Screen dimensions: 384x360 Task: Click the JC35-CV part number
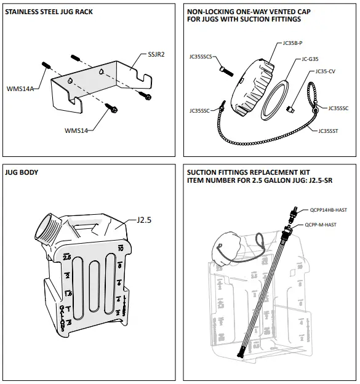click(x=325, y=71)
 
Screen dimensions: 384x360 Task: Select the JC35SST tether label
click(x=329, y=130)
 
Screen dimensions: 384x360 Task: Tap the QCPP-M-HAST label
click(x=321, y=225)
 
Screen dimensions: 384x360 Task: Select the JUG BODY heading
click(x=21, y=172)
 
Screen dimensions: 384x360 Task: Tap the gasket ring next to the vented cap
click(x=274, y=97)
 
